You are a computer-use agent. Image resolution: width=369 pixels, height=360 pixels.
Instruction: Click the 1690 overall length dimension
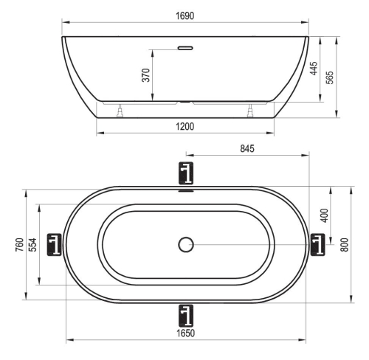point(184,15)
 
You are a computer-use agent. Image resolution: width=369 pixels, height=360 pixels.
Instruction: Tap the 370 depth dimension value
point(146,75)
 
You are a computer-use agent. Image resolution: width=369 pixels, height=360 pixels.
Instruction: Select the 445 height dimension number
point(314,69)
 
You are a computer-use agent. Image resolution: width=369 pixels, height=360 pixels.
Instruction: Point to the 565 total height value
point(330,77)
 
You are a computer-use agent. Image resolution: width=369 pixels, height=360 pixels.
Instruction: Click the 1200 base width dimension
point(184,127)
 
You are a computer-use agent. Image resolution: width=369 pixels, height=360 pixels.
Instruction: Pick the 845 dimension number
point(247,148)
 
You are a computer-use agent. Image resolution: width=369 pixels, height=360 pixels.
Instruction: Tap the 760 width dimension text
point(20,244)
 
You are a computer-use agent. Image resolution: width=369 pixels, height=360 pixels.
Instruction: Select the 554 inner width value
point(32,244)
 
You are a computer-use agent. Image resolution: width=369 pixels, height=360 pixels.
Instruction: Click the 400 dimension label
point(325,215)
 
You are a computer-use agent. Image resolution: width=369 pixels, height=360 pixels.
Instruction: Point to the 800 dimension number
point(345,244)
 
